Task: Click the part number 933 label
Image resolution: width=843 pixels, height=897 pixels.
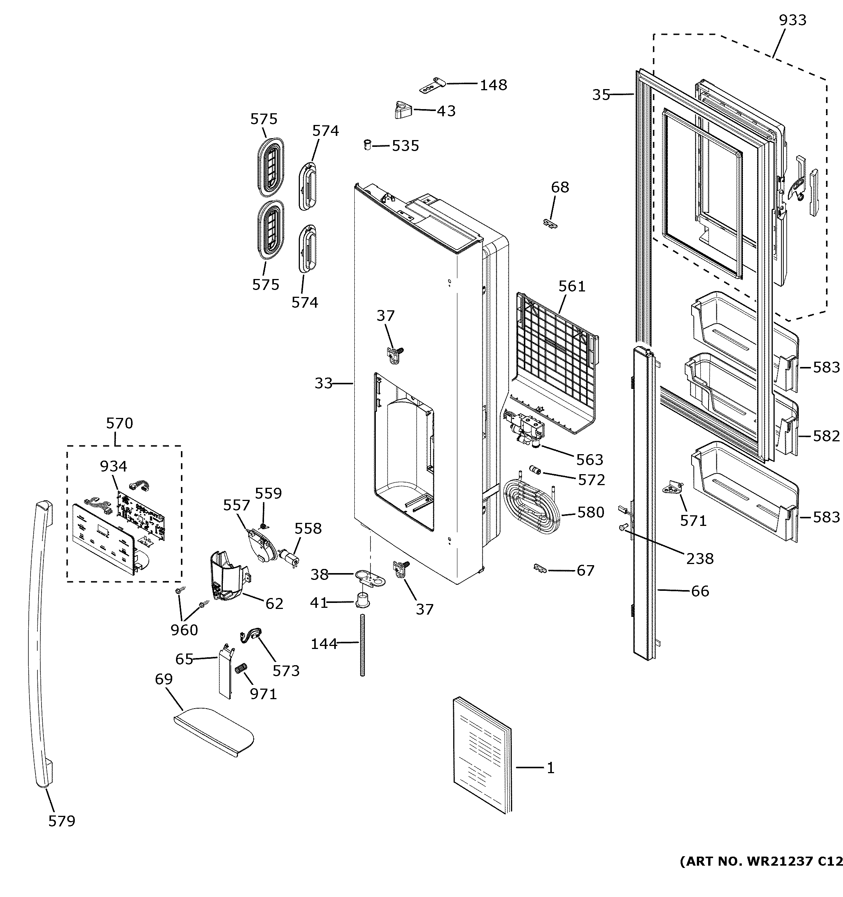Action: [792, 20]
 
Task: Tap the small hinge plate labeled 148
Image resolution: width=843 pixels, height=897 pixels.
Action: [433, 85]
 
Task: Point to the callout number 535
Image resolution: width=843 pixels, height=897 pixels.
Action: [405, 146]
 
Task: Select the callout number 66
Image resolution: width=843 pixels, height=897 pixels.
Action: [700, 591]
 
